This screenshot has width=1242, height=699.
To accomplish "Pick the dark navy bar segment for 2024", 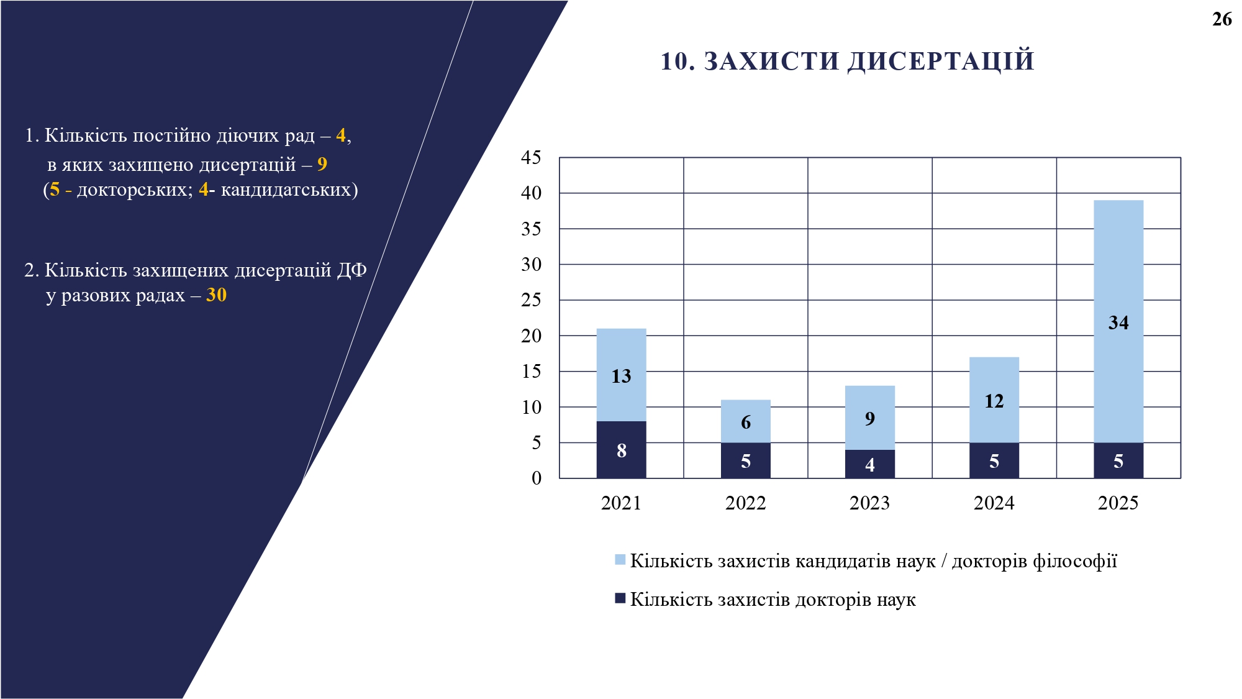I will (994, 460).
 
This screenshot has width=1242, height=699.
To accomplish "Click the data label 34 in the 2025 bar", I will (1118, 322).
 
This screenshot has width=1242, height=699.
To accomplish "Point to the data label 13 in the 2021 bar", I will (621, 376).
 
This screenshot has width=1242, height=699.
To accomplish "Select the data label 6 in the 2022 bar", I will (746, 423).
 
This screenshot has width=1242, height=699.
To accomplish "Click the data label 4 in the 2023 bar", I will (869, 465).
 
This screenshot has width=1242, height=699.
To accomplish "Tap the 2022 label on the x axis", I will (745, 503).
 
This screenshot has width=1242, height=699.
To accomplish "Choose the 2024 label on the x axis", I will (994, 503).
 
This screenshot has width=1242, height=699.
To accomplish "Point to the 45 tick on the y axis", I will (531, 157).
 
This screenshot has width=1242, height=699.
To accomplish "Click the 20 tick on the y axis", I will (531, 336).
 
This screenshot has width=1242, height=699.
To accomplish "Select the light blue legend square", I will (620, 560).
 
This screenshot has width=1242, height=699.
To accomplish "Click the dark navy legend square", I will (620, 598).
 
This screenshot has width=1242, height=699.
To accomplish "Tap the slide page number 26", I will (1222, 19).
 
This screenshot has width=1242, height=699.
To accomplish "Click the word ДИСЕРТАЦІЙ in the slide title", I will (941, 61).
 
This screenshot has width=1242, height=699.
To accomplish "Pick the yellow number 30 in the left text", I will (216, 295).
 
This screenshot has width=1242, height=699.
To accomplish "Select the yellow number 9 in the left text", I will (322, 164).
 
